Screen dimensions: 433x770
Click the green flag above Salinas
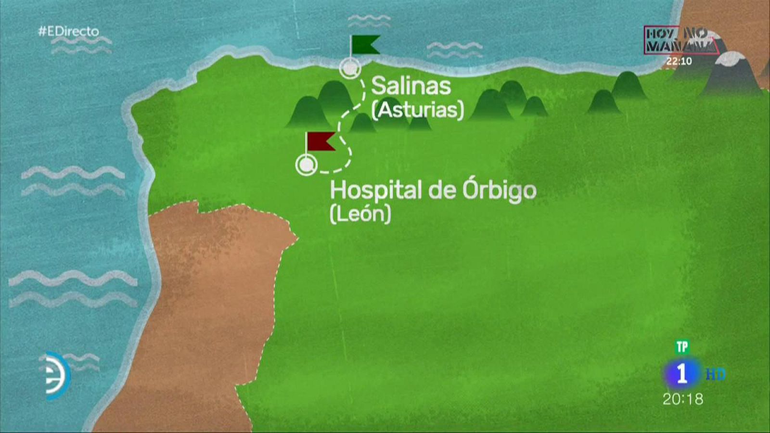[364, 44]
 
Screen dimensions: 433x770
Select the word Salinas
[411, 86]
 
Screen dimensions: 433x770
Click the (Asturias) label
[418, 110]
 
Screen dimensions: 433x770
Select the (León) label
[360, 214]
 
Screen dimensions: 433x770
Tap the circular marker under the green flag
[350, 68]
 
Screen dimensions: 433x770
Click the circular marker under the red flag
[306, 165]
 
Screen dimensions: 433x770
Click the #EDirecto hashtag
[68, 32]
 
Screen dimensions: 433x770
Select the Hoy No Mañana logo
[680, 40]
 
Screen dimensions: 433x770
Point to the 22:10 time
[679, 61]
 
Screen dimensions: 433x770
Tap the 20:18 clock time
[682, 399]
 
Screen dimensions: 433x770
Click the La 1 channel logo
[682, 374]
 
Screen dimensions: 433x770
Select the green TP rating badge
[682, 346]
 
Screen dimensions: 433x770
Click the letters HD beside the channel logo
[715, 374]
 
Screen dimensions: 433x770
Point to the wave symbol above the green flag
[369, 21]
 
